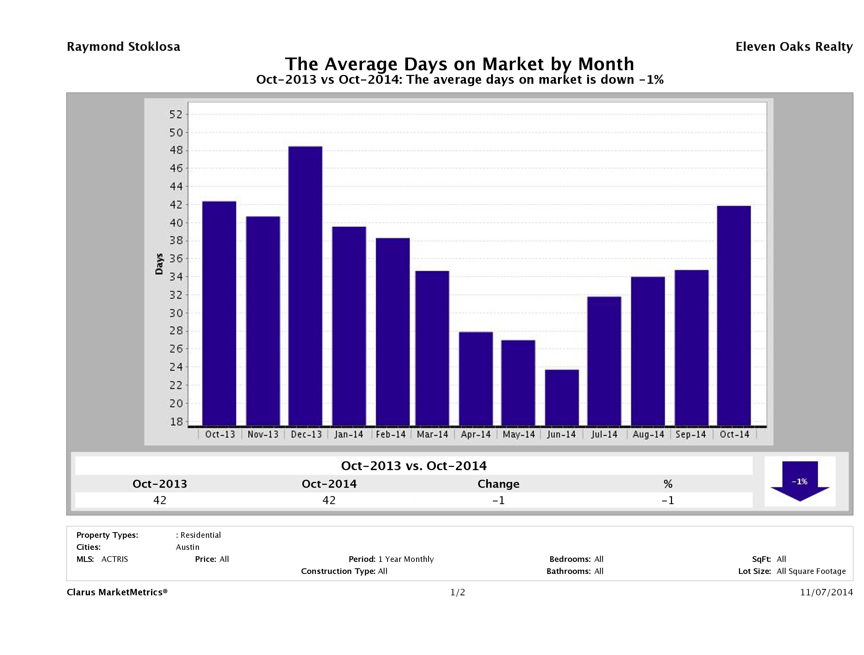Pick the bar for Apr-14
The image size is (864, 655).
pos(476,379)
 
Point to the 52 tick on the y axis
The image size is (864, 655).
pos(176,114)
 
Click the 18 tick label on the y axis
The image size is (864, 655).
pos(176,422)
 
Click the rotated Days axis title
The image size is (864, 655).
pos(159,264)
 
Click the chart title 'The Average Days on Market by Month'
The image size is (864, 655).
pos(459,64)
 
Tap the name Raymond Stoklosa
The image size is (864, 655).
pos(123,47)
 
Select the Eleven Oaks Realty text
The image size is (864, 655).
pos(794,47)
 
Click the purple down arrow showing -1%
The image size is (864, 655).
pos(799,481)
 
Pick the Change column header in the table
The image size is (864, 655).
pos(499,484)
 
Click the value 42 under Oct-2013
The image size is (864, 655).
pos(160,500)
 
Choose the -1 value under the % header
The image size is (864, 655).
pos(667,500)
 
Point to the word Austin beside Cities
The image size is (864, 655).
pos(187,547)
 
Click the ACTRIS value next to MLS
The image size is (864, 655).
pos(114,559)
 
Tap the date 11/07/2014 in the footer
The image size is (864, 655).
pos(826,592)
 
